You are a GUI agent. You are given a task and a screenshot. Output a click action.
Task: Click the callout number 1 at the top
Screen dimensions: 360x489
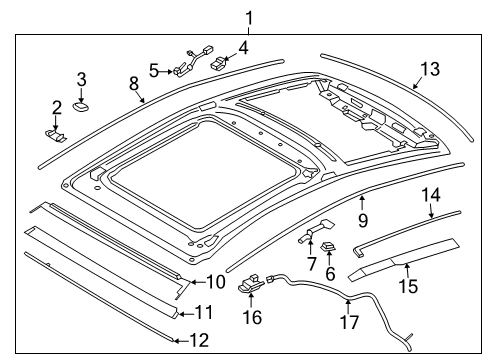point(249,17)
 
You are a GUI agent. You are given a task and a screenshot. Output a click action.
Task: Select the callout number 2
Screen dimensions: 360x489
point(57,108)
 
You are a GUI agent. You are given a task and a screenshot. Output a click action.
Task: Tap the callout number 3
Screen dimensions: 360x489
point(82,78)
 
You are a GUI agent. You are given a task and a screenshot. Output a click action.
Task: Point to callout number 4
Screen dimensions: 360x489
point(242,46)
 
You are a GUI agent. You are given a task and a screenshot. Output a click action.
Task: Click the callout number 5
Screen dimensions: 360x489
point(155,69)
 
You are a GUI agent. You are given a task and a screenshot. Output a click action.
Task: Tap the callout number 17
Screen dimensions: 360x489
point(347,322)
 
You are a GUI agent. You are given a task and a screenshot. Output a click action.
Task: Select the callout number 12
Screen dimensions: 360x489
point(198,340)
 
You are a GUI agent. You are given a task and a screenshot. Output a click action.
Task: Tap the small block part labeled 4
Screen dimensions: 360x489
point(221,62)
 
